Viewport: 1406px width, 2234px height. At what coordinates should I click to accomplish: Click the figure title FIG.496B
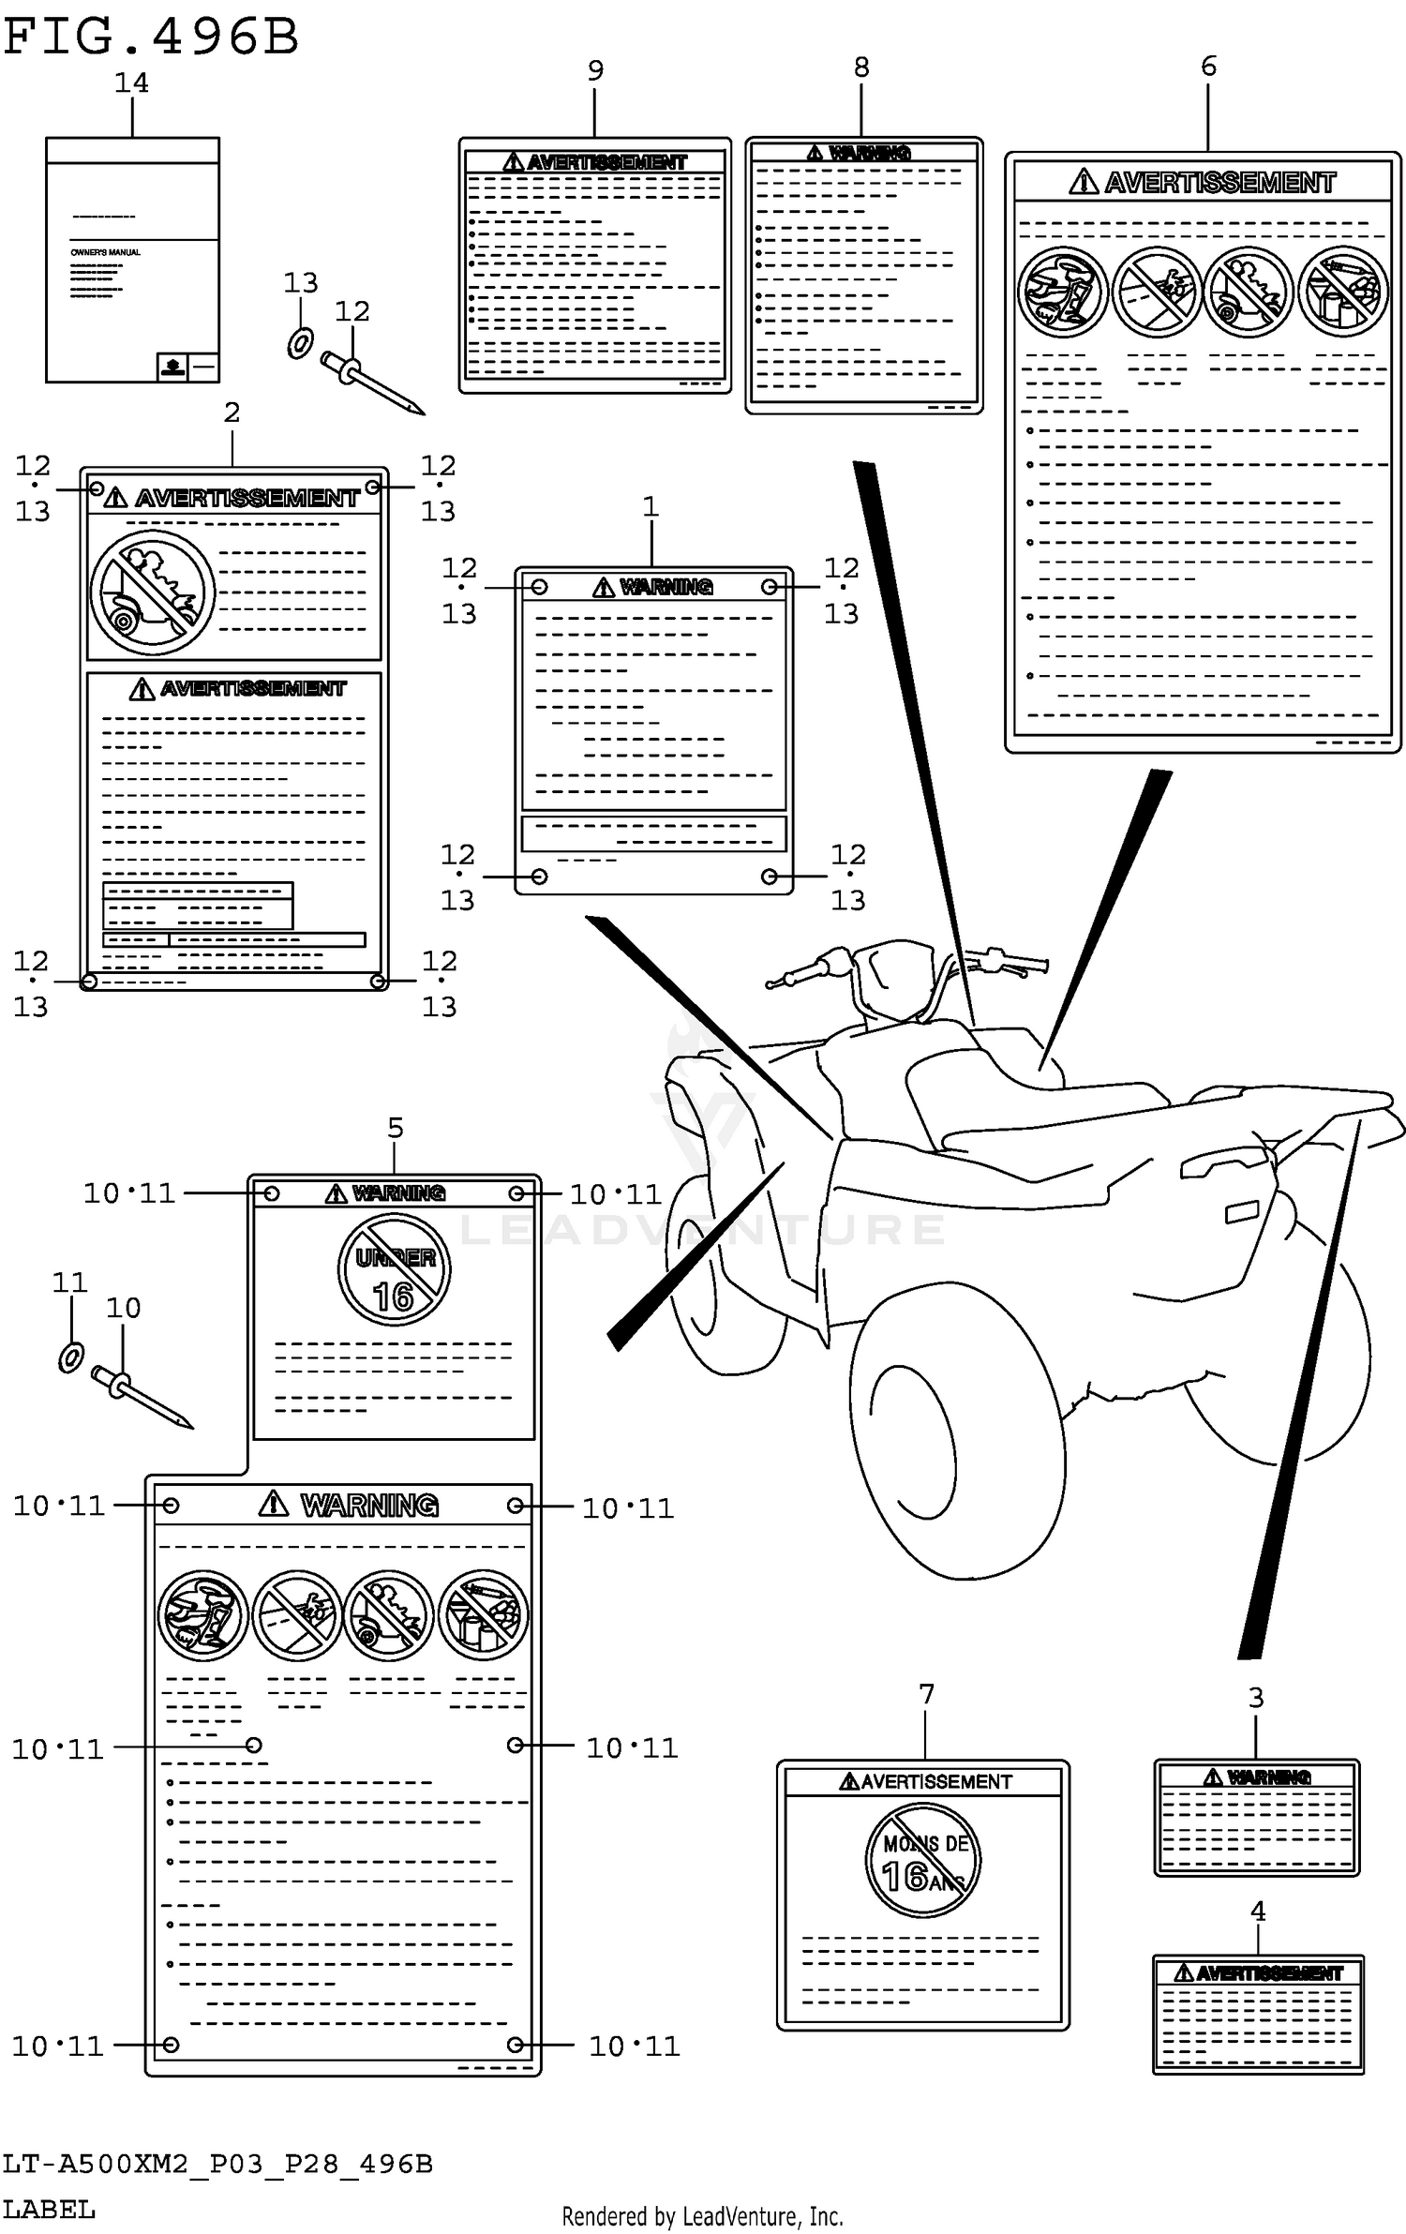pos(150,37)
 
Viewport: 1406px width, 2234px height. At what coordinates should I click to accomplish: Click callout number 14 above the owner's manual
pos(131,83)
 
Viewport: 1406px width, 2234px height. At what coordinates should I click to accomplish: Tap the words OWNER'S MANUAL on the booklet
pos(106,252)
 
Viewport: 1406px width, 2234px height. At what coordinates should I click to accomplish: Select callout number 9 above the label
pos(595,70)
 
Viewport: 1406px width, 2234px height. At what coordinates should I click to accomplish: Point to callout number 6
pos(1208,66)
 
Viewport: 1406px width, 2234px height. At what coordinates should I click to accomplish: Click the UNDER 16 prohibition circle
pos(394,1270)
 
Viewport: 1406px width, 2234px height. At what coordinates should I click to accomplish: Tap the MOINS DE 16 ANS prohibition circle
pos(922,1860)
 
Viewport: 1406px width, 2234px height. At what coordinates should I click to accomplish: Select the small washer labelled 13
pos(299,343)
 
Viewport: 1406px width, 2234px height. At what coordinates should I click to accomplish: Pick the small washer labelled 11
pos(71,1357)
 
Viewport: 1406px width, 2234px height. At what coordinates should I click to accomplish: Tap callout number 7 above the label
pos(926,1694)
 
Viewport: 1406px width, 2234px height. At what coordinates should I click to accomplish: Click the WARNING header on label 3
pos(1257,1777)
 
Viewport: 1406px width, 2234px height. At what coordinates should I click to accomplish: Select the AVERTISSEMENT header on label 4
pos(1258,1972)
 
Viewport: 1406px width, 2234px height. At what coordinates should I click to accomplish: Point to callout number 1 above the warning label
pos(651,506)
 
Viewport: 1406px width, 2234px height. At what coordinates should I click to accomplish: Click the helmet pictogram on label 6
pos(1062,292)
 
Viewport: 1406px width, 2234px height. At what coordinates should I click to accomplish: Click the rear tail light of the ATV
pos(1242,1212)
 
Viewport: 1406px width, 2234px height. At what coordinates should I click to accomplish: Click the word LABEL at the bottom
pos(49,2210)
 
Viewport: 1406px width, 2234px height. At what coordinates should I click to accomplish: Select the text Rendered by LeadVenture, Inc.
pos(702,2216)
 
